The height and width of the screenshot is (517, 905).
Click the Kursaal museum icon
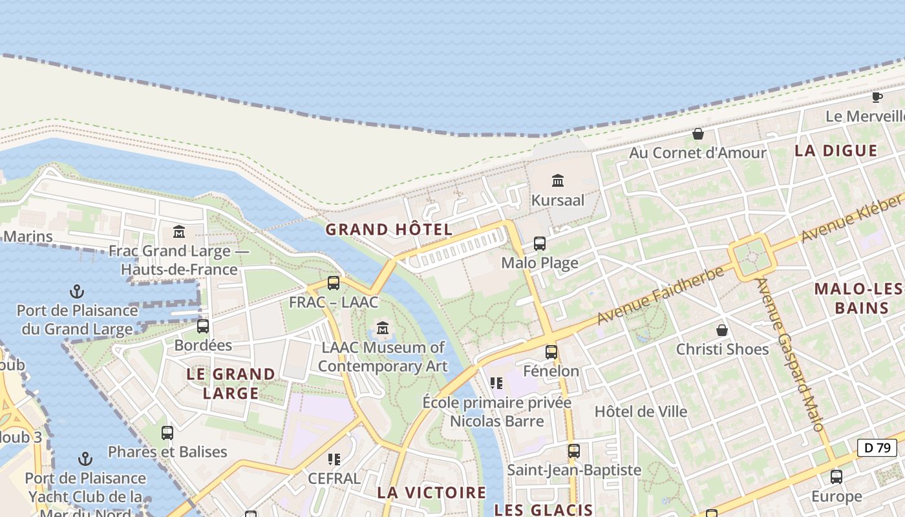tap(558, 180)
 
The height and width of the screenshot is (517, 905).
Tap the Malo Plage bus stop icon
tap(540, 244)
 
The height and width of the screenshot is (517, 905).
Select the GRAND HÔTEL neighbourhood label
tap(389, 229)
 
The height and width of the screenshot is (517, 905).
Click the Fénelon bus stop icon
tap(551, 352)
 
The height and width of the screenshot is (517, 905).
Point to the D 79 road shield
tap(877, 447)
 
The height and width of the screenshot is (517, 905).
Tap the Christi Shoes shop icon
tap(722, 330)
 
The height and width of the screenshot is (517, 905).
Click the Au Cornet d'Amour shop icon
tap(698, 134)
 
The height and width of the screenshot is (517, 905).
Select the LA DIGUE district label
tap(836, 151)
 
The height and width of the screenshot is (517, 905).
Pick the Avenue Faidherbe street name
tap(660, 295)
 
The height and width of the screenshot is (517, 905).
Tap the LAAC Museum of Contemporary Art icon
tap(383, 328)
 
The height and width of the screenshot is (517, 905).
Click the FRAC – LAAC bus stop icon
tap(334, 282)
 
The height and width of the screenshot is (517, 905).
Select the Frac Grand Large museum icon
tap(179, 231)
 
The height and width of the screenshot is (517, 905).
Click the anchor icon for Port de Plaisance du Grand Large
tap(77, 291)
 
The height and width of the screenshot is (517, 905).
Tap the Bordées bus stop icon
tap(203, 326)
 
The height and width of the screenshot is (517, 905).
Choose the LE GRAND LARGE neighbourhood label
tap(231, 383)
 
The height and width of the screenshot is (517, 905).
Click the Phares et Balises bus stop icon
tap(167, 432)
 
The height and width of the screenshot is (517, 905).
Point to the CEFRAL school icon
tap(334, 459)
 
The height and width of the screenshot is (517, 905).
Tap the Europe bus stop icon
tap(836, 477)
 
